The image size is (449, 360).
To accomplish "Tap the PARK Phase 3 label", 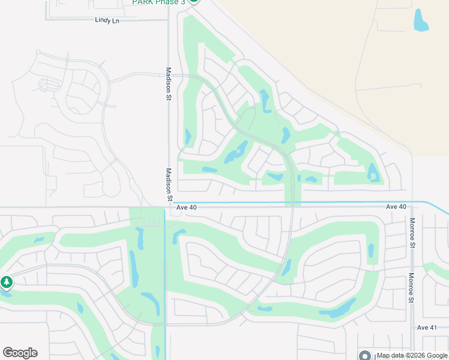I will [x=159, y=2].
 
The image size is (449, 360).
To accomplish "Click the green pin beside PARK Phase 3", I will [x=193, y=1].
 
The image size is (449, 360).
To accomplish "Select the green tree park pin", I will [x=7, y=281].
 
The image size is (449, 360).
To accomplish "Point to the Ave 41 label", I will [x=427, y=327].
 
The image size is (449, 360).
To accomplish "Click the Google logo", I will [x=20, y=353].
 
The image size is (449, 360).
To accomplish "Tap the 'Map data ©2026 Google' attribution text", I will [x=412, y=356].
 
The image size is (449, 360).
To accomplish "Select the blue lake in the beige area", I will [x=421, y=20].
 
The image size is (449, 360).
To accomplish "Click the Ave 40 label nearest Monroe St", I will [x=396, y=206].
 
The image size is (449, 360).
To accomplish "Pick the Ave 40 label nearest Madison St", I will [x=187, y=207].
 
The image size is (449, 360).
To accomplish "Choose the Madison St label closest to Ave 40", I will [x=169, y=184].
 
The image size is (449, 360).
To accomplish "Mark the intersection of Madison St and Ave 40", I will [x=169, y=207].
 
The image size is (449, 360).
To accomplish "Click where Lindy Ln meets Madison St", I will [x=168, y=20].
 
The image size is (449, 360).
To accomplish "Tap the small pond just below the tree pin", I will [x=7, y=294].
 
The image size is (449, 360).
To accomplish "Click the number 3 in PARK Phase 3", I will [x=182, y=2].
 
